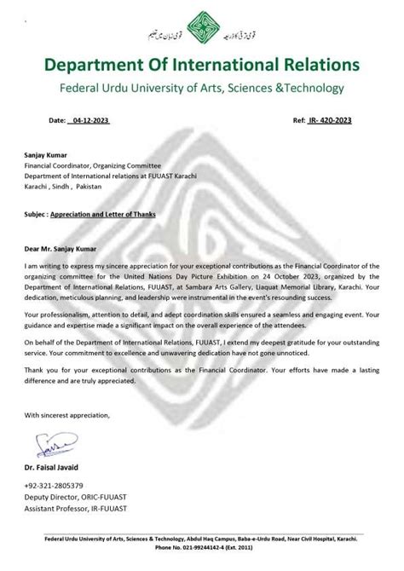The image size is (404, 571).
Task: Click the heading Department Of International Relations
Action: pyautogui.click(x=202, y=65)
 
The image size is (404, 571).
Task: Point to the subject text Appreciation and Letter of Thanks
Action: pyautogui.click(x=103, y=215)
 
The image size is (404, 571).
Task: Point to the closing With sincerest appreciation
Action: pyautogui.click(x=67, y=415)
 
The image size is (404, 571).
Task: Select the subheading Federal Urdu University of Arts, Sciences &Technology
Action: pyautogui.click(x=202, y=89)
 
